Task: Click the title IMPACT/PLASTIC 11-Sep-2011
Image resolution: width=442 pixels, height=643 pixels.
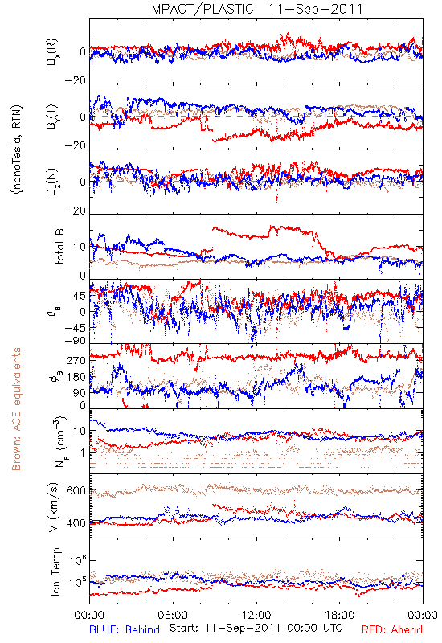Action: (x=255, y=9)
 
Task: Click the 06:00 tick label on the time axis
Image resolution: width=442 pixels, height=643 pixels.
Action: (x=173, y=615)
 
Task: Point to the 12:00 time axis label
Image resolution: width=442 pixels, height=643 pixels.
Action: (x=256, y=615)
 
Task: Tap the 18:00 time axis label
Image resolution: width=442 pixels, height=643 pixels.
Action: (x=340, y=615)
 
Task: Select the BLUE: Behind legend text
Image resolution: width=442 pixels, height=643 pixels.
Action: (x=125, y=629)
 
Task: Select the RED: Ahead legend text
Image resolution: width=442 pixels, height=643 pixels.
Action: (x=391, y=629)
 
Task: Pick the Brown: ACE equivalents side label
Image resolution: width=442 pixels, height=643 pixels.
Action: (x=16, y=409)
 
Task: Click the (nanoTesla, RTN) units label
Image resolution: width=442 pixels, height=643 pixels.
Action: (x=17, y=149)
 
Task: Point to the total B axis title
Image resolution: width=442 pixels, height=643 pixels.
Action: (x=59, y=247)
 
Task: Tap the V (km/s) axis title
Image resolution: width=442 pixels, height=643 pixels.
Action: (x=54, y=507)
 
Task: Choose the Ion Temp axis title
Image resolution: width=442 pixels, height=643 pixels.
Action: (x=55, y=571)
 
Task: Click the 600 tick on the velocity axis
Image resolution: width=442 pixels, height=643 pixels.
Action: (x=76, y=491)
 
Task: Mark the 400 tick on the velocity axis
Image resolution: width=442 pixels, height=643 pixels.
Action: (x=76, y=523)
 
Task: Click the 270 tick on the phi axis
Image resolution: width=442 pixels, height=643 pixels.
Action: (x=76, y=360)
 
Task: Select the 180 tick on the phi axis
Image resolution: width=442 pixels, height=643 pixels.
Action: (x=76, y=377)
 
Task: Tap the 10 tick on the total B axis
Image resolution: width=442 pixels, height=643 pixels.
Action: (x=80, y=247)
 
